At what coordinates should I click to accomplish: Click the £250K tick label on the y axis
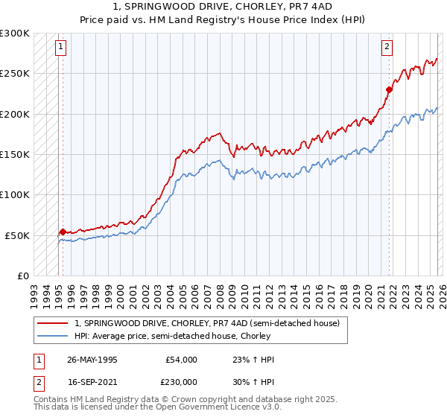point(15,74)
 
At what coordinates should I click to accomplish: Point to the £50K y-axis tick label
point(17,235)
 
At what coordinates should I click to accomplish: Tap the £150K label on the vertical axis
point(15,154)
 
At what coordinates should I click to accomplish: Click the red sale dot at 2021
point(388,89)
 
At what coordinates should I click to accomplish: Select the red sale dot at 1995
point(63,232)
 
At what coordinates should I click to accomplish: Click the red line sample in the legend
point(53,323)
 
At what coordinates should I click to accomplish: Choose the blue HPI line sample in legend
point(53,336)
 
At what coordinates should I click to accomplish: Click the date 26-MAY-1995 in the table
point(92,360)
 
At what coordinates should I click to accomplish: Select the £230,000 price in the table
point(181,381)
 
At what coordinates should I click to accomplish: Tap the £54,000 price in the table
point(181,360)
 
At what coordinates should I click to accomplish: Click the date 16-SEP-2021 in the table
point(92,381)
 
